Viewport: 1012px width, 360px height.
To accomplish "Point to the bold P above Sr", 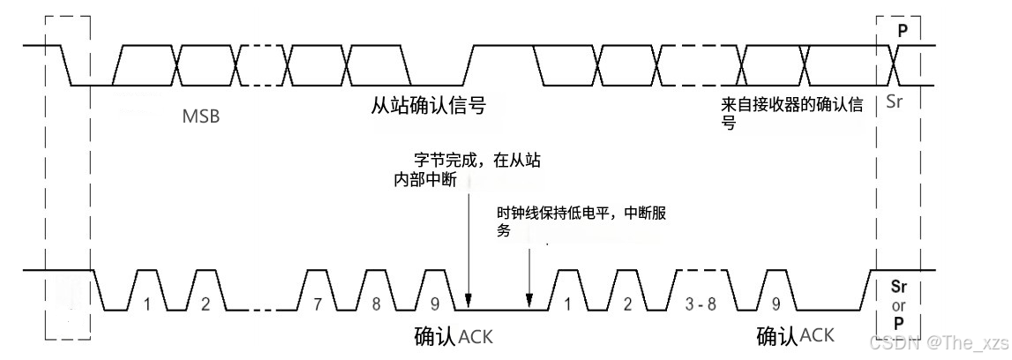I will (902, 29).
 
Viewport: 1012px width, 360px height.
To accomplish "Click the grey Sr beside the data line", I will (895, 102).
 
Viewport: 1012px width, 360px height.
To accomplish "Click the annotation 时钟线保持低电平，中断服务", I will (587, 222).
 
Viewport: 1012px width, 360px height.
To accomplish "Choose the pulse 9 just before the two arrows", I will (434, 304).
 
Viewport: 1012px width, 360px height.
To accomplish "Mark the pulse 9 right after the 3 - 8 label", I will (776, 304).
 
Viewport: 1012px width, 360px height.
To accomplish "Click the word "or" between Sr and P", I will (898, 305).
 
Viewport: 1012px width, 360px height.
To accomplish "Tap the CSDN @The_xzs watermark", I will (939, 341).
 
